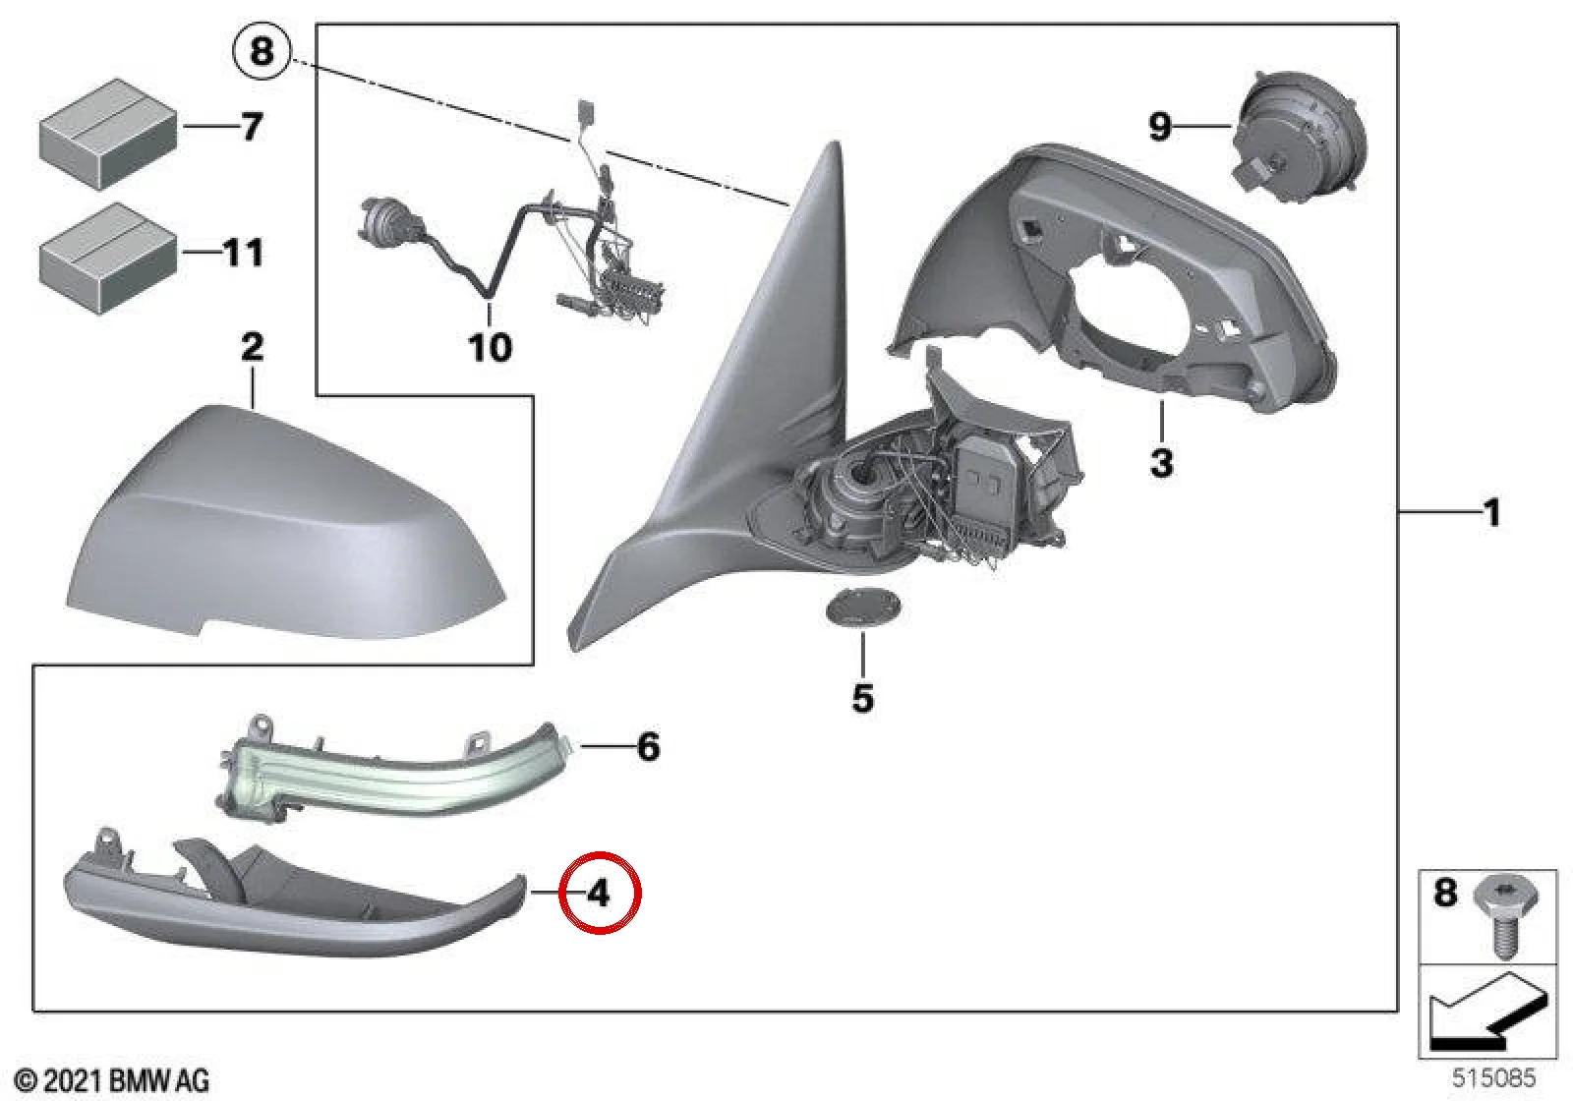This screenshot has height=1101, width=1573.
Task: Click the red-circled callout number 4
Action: [x=599, y=894]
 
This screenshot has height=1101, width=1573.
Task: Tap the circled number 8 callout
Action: [x=262, y=52]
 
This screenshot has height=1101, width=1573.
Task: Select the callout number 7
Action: [x=251, y=127]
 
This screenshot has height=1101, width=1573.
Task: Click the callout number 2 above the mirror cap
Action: [x=252, y=347]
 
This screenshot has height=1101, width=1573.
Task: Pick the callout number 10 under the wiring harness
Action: [x=491, y=347]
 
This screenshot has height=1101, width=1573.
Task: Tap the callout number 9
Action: [x=1159, y=127]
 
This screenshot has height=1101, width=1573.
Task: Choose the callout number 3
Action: [x=1161, y=463]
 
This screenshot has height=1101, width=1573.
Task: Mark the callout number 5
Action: [x=862, y=698]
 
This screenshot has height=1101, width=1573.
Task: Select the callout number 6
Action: [x=648, y=746]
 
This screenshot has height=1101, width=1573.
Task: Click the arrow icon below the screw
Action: [x=1487, y=1011]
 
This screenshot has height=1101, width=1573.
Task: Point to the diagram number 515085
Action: [x=1493, y=1077]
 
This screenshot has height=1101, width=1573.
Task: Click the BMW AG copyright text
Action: [x=113, y=1080]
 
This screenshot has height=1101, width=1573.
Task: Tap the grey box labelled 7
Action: [x=107, y=134]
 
